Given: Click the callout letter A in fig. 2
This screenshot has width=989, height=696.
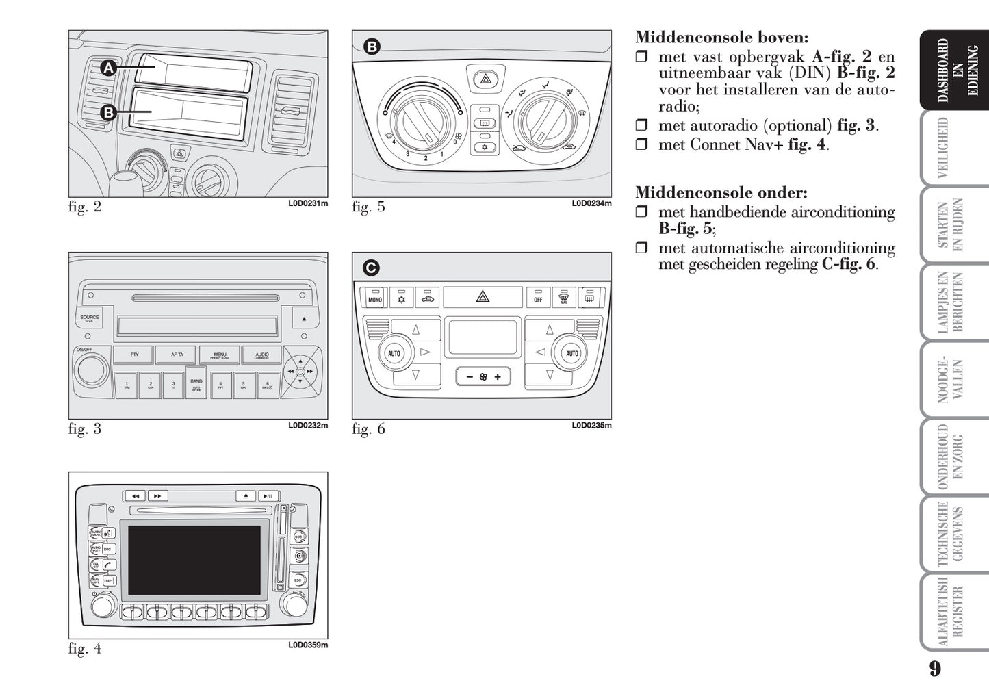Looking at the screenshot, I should coord(109,68).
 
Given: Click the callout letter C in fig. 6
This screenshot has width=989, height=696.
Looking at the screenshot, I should coord(371,268).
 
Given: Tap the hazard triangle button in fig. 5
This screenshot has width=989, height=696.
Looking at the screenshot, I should coord(485,79).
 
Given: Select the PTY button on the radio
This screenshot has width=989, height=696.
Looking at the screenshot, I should coord(134,355).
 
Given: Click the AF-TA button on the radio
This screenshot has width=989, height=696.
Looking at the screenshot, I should coord(177,355).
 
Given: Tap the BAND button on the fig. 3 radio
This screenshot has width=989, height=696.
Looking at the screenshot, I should coord(196,384).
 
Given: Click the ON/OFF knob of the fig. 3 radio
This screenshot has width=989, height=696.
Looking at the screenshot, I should coord(92,370).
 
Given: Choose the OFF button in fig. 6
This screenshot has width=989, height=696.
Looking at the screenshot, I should coord(538,298).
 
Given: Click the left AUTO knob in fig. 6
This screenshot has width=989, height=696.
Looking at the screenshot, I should coord(394,353).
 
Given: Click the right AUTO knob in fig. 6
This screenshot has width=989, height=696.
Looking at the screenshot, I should coord(572,353).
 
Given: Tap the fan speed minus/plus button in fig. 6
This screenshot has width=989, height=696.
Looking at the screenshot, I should coord(483,376).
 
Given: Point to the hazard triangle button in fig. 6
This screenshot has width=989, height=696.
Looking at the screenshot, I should coord(483,297).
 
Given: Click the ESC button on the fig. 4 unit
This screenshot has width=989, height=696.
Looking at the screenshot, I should coord(298,580).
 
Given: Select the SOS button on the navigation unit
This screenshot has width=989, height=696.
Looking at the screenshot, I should coord(298,537).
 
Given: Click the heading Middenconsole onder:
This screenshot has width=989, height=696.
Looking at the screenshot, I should coord(721,193).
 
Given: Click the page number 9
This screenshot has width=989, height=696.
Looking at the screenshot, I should coord(935,669).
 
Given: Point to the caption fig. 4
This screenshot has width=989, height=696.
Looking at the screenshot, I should coord(85,648).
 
